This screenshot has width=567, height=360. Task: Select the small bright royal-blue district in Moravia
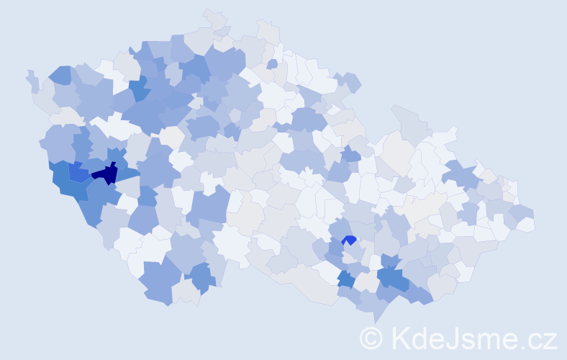coord(350,240)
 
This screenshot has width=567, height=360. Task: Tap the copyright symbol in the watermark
coord(371,338)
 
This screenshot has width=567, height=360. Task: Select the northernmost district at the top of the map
coord(214,19)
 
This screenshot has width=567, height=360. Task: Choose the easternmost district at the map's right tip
coord(525,223)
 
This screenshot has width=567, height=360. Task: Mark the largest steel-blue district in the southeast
coord(395,278)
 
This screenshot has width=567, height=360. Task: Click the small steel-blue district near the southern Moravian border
coord(345,279)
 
